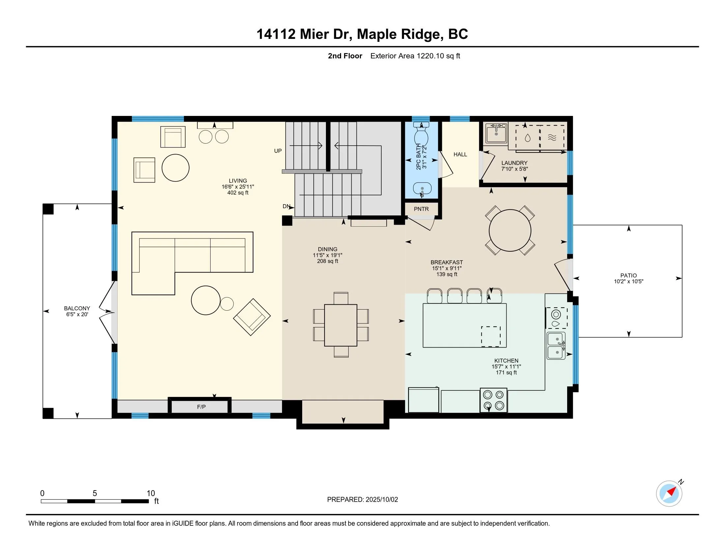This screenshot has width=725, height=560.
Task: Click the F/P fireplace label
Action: coord(201,407)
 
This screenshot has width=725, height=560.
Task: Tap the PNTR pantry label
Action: coord(421,209)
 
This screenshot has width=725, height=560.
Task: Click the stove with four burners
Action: coord(493,400)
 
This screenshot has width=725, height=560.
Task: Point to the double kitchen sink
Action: coord(556,346)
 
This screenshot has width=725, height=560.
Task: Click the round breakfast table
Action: coord(510,230)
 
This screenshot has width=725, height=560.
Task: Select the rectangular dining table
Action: coord(341,325)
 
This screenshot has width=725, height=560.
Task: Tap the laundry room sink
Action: coord(496,133)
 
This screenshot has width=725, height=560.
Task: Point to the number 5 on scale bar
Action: coord(95,493)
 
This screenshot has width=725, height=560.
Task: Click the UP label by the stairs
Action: coord(278,151)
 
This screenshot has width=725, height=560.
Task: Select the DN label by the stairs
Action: coord(286,206)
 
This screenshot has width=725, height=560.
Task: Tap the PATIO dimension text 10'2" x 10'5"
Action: coord(628,281)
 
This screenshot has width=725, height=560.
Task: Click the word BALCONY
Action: coord(77,308)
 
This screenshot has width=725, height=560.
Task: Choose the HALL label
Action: coord(460,154)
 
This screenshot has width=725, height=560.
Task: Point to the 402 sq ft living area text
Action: coord(238,193)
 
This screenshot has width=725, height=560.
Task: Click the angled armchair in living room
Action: coord(252,317)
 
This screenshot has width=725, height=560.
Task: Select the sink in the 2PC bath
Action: coord(422,189)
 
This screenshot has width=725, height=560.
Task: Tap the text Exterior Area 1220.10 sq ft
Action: coord(415,56)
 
